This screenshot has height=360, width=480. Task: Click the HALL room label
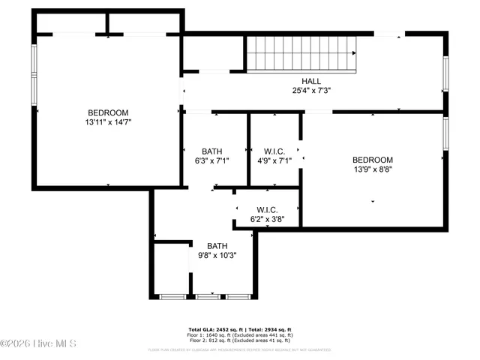click(311, 81)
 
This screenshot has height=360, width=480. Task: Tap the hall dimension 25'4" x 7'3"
click(311, 90)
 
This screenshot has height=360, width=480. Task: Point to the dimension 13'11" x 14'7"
click(109, 121)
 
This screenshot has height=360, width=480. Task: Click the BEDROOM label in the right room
click(373, 160)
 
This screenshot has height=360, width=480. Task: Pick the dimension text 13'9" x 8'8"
click(373, 169)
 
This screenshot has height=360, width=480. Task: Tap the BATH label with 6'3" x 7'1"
click(211, 151)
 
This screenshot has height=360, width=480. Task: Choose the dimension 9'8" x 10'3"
click(217, 255)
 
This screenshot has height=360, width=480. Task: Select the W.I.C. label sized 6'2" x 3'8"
click(267, 210)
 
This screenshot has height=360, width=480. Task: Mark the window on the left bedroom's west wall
click(33, 73)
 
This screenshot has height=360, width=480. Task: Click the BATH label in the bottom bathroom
click(217, 245)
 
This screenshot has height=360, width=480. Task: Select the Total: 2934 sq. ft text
click(268, 329)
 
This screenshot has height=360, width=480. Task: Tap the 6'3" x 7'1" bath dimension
click(211, 160)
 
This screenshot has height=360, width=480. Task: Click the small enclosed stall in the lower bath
click(171, 270)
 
